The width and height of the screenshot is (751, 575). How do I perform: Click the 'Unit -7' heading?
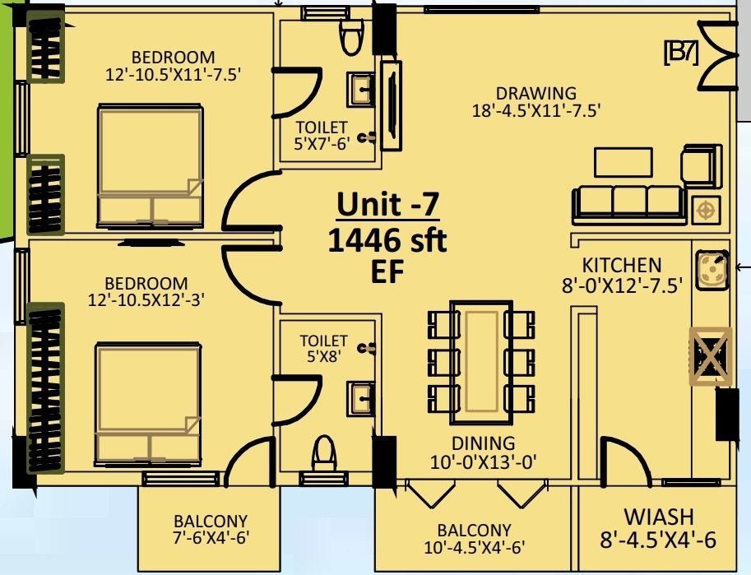(387, 203)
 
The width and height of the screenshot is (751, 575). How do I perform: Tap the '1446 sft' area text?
(387, 240)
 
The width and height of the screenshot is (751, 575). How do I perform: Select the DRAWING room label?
(535, 93)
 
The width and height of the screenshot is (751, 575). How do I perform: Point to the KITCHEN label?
(621, 266)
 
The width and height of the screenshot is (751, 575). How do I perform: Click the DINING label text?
(483, 444)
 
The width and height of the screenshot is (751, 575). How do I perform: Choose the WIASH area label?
(658, 517)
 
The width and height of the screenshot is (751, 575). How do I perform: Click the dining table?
(481, 358)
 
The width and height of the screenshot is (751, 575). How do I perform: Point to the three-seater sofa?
(629, 202)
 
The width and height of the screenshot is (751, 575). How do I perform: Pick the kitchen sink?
(712, 269)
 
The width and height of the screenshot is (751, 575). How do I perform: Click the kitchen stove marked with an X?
(711, 355)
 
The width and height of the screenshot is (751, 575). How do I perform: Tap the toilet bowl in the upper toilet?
(351, 35)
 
